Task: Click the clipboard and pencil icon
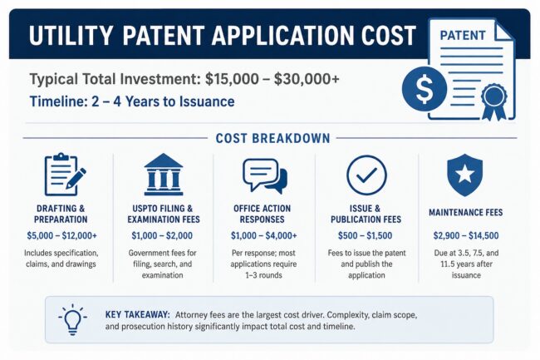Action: point(65,175)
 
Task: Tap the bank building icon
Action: point(163,175)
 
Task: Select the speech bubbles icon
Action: point(264,175)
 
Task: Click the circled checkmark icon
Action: point(366,175)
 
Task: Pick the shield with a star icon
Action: point(465,175)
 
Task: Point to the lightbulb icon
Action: point(72,319)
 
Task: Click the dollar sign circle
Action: point(425,89)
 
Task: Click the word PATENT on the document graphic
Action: point(463,36)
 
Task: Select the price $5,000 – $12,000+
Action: point(62,235)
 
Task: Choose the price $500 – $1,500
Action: point(365,235)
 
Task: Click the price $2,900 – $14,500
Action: point(466,235)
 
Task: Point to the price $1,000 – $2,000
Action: point(162,235)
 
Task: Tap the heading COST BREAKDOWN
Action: point(272,139)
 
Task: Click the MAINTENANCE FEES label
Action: point(465,213)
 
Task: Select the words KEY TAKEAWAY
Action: point(137,315)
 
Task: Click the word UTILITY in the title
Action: point(71,36)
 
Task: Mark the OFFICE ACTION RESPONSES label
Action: point(262,214)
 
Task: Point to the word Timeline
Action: point(58,101)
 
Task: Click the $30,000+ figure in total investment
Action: point(307,79)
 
